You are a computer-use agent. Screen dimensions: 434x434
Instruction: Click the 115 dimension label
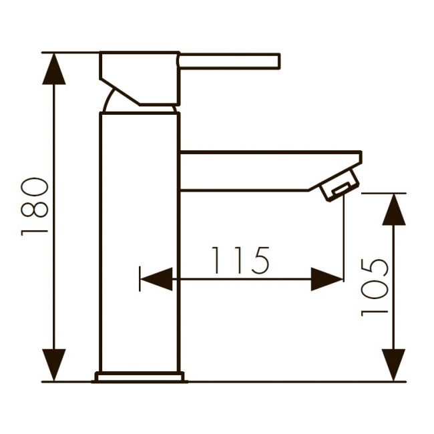pyautogui.click(x=240, y=260)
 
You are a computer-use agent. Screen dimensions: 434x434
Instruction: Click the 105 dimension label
pyautogui.click(x=375, y=286)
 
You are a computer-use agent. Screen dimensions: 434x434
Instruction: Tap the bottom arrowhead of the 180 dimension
pyautogui.click(x=55, y=365)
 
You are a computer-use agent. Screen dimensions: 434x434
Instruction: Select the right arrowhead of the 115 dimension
pyautogui.click(x=327, y=279)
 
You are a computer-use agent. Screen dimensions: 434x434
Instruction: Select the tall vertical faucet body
pyautogui.click(x=140, y=240)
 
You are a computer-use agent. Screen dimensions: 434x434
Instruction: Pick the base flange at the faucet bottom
pyautogui.click(x=140, y=377)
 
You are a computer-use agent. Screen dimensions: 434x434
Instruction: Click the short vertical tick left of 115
pyautogui.click(x=140, y=279)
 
